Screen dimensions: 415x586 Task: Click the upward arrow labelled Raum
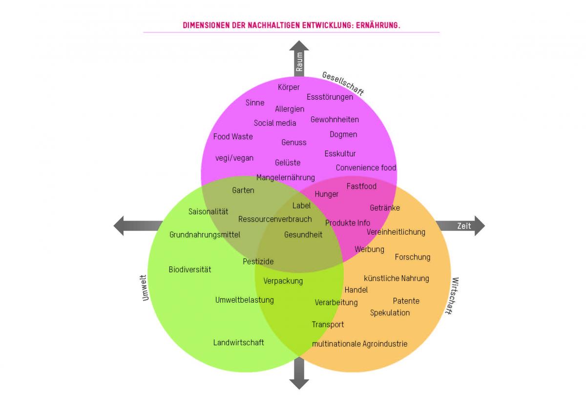(x=299, y=59)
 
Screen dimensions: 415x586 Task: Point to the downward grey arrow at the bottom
(x=299, y=374)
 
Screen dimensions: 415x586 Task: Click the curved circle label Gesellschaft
(x=343, y=83)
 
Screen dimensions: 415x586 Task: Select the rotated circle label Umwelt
(x=145, y=287)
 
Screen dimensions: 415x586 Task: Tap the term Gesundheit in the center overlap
(x=303, y=235)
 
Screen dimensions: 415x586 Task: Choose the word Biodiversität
(x=190, y=269)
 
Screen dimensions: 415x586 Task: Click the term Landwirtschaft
(x=238, y=342)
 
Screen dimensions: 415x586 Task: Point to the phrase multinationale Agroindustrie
(x=359, y=344)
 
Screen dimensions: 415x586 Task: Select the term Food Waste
(x=233, y=136)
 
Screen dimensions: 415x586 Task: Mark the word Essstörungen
(x=330, y=97)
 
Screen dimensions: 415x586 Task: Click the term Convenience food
(x=366, y=168)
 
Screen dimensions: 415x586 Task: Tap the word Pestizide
(x=258, y=262)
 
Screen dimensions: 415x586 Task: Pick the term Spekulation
(x=390, y=312)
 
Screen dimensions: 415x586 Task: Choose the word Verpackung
(x=283, y=281)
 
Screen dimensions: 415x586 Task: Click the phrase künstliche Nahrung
(x=397, y=278)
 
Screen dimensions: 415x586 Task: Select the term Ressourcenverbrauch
(x=275, y=219)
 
